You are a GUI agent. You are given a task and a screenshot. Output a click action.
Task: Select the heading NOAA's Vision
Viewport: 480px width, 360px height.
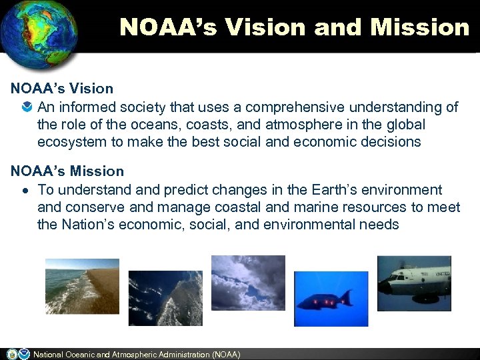(62, 88)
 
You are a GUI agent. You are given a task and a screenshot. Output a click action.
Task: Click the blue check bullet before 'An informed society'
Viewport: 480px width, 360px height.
(25, 107)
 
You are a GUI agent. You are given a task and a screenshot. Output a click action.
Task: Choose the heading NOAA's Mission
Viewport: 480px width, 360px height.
(67, 171)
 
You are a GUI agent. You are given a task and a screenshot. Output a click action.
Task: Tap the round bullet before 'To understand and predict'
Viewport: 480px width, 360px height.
(25, 191)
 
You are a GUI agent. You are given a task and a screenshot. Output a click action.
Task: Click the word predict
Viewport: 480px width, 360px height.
(175, 190)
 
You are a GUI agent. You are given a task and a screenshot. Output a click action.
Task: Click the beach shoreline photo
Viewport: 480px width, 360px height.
(82, 286)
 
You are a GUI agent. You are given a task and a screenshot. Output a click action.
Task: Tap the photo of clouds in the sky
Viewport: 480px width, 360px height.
(247, 283)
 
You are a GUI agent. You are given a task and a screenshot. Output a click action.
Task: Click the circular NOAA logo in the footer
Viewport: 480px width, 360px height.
(24, 354)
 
